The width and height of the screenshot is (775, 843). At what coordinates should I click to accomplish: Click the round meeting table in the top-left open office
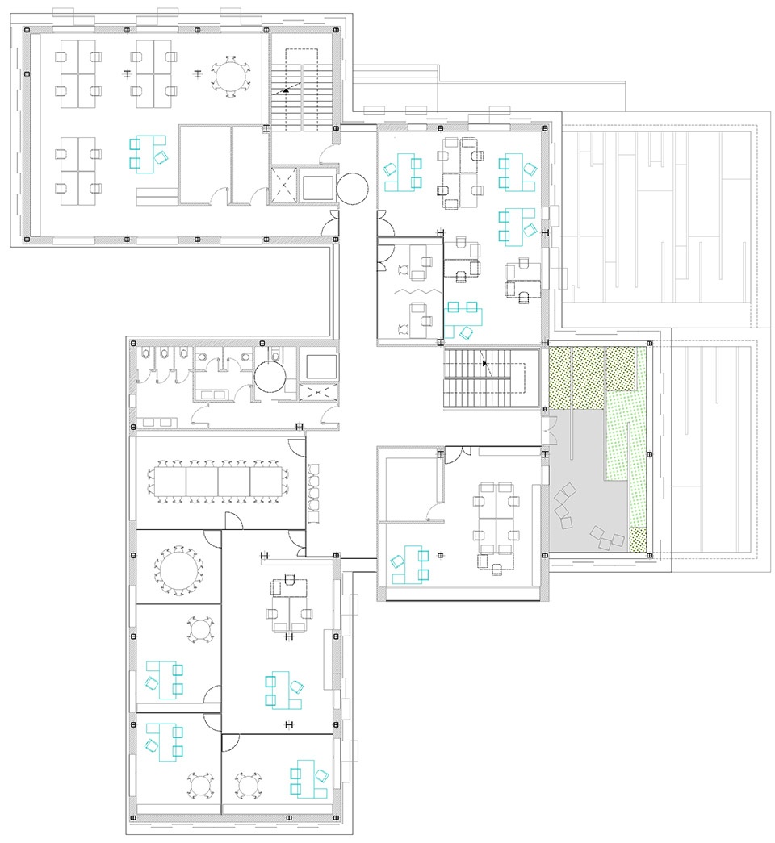click(231, 76)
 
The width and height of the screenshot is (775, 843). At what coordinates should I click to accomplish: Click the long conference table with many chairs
click(218, 482)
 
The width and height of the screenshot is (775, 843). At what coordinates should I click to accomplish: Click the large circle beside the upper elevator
click(352, 187)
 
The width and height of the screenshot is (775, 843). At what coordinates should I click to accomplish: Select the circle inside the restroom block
click(270, 376)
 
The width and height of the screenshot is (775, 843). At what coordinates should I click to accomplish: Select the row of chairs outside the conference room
click(315, 491)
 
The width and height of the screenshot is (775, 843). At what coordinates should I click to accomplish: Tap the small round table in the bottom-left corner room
click(199, 785)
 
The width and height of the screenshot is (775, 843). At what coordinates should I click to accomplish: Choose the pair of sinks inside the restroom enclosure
click(214, 394)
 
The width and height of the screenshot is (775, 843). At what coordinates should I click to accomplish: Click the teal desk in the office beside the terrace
click(408, 564)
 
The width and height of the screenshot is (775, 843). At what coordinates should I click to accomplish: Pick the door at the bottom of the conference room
click(233, 521)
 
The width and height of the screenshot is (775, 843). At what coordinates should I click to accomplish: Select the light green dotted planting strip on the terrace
click(628, 436)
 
